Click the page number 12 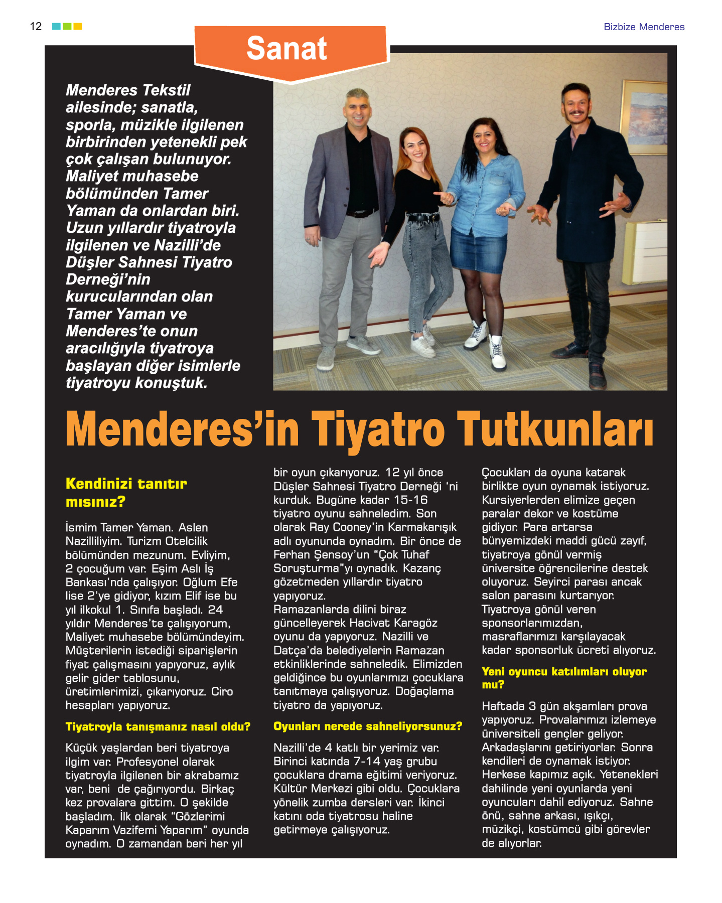pyautogui.click(x=36, y=27)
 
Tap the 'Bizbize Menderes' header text pyautogui.click(x=644, y=27)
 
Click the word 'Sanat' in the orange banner pyautogui.click(x=286, y=49)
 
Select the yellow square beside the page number pyautogui.click(x=78, y=26)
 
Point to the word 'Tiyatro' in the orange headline pyautogui.click(x=378, y=429)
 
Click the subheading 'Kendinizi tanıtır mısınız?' pyautogui.click(x=125, y=492)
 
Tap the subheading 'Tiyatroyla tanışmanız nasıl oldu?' pyautogui.click(x=158, y=726)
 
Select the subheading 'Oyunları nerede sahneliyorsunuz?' pyautogui.click(x=367, y=726)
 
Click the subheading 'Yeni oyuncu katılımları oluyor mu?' pyautogui.click(x=563, y=678)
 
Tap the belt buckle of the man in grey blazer pyautogui.click(x=359, y=214)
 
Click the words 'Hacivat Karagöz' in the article pyautogui.click(x=393, y=623)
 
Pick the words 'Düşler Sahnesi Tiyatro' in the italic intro pyautogui.click(x=149, y=262)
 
